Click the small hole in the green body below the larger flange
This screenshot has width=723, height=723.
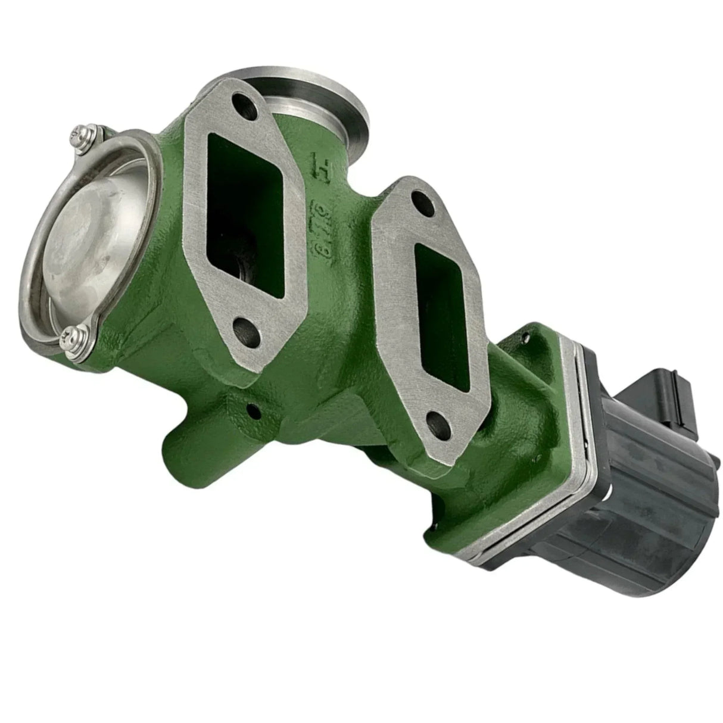tap(254, 410)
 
